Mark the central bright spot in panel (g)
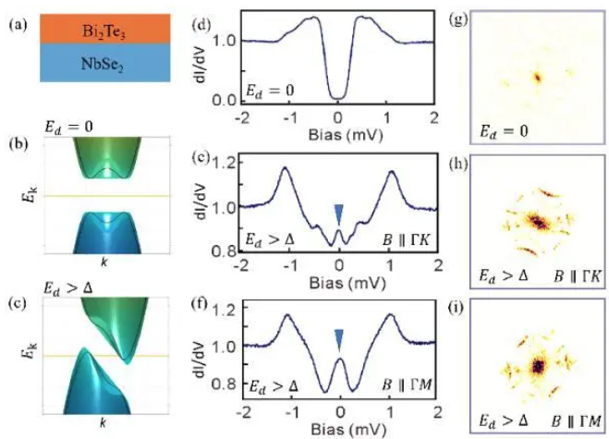[x=535, y=77]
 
